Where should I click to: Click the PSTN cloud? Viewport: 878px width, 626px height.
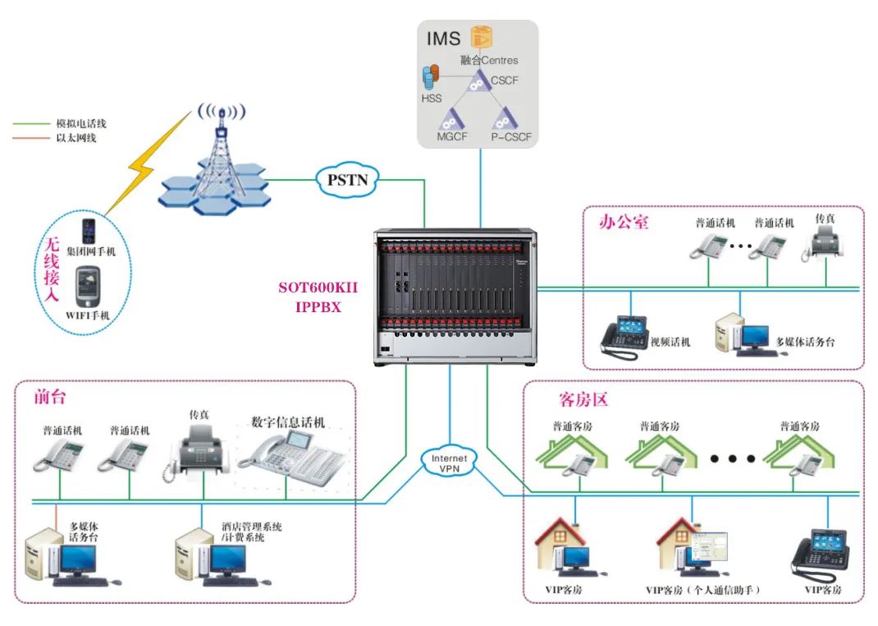coord(346,179)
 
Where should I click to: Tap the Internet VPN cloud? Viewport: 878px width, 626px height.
coord(449,463)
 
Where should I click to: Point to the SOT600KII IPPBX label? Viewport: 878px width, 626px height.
coord(318,297)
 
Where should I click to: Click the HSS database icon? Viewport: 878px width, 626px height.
coord(428,79)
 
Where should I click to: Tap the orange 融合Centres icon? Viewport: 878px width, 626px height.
coord(479,37)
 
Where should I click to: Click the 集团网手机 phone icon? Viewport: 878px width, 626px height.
coord(89,229)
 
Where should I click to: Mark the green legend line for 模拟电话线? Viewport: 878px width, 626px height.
coord(31,124)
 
